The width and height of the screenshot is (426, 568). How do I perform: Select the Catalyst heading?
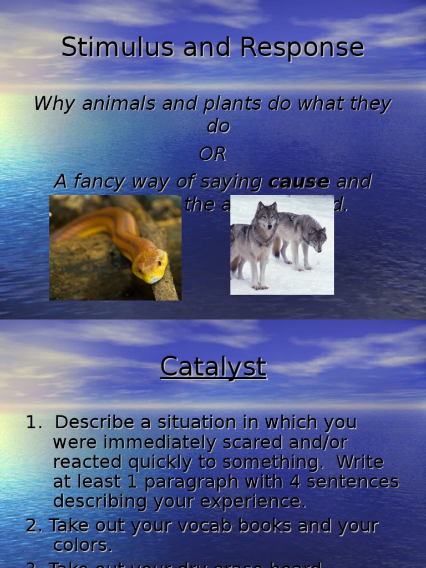[213, 367]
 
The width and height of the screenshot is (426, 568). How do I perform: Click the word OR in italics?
[213, 155]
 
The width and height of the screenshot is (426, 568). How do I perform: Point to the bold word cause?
[299, 181]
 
